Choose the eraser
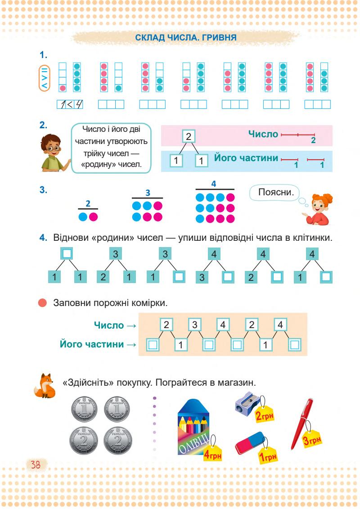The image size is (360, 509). [x=252, y=442]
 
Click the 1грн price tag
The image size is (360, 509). [x=269, y=455]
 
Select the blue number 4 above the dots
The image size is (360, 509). [x=214, y=184]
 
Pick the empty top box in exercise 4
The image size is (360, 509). [x=67, y=254]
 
